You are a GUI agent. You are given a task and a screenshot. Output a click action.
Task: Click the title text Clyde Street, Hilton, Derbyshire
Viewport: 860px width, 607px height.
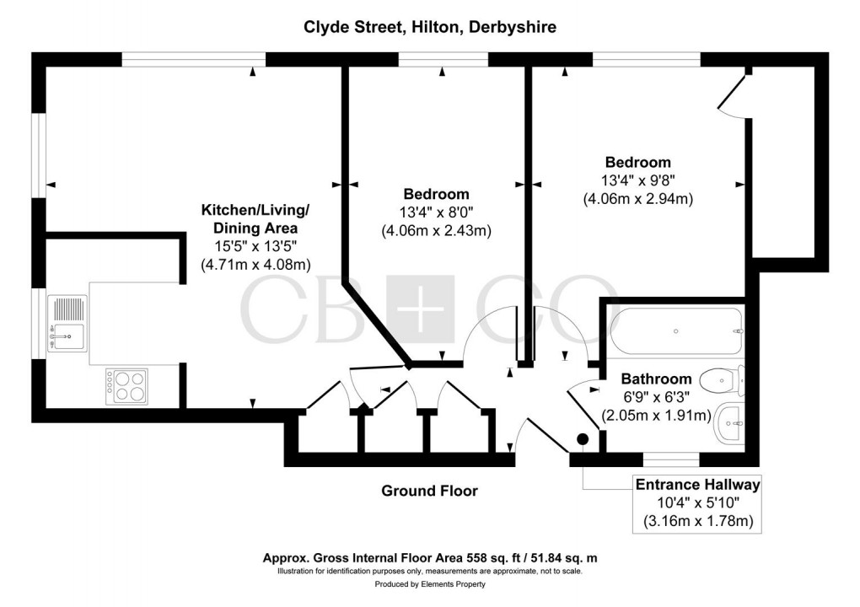click(x=430, y=27)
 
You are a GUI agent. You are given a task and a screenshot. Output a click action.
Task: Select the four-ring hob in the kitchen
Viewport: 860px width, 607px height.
click(x=126, y=386)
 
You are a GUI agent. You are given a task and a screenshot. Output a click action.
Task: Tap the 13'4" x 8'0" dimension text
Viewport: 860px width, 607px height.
click(x=436, y=212)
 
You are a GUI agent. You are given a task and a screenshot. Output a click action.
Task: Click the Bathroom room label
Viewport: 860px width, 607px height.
click(x=656, y=379)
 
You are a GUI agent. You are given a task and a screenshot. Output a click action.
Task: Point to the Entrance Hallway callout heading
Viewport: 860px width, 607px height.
click(x=697, y=485)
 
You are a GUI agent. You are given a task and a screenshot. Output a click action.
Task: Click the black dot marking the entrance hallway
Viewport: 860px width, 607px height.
click(x=582, y=438)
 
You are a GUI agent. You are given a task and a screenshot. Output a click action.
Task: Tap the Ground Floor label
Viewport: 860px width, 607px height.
click(x=429, y=491)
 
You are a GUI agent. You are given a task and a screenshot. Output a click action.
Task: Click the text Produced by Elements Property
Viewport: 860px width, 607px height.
click(x=430, y=584)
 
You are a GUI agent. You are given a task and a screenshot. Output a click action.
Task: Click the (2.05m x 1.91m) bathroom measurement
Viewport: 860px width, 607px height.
click(x=656, y=416)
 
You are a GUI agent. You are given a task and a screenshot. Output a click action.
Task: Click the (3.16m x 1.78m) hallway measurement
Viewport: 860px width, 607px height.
click(x=697, y=522)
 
